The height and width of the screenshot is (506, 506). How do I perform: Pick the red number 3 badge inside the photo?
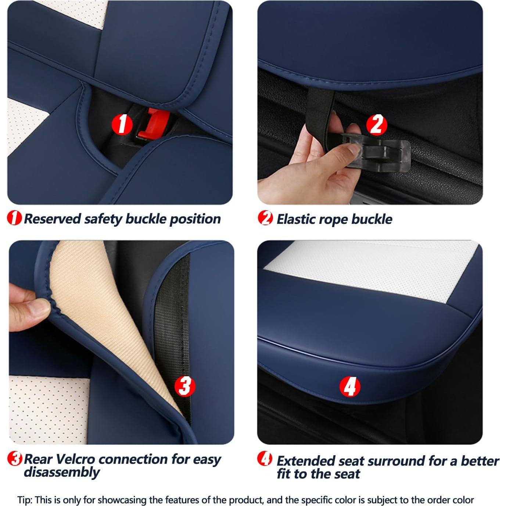[184, 386]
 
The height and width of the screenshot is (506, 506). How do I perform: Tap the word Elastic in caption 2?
[296, 219]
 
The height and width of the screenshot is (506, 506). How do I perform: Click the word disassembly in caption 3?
[61, 472]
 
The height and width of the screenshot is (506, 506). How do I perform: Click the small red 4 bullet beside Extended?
[265, 459]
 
